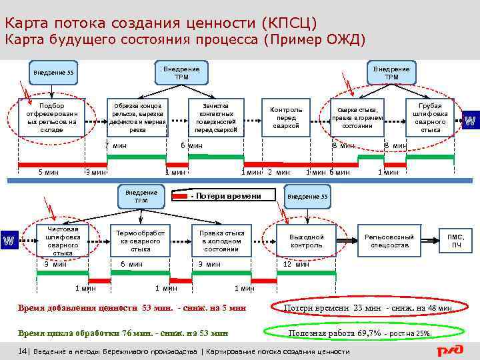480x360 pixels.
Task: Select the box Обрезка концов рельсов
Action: click(x=138, y=117)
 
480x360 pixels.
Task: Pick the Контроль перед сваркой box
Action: click(x=286, y=117)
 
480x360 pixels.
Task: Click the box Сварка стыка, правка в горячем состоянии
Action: click(x=357, y=117)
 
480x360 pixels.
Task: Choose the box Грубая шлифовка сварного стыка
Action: click(x=431, y=117)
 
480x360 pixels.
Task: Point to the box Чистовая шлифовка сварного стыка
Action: click(x=62, y=241)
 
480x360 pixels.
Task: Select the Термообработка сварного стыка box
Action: click(x=140, y=241)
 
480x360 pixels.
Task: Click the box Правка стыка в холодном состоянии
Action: click(x=221, y=241)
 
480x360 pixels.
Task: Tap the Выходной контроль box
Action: click(x=306, y=241)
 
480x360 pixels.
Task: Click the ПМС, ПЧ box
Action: click(x=457, y=241)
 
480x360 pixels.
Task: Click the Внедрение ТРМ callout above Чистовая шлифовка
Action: click(x=141, y=196)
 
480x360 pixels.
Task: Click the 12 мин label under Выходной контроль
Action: click(x=296, y=264)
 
